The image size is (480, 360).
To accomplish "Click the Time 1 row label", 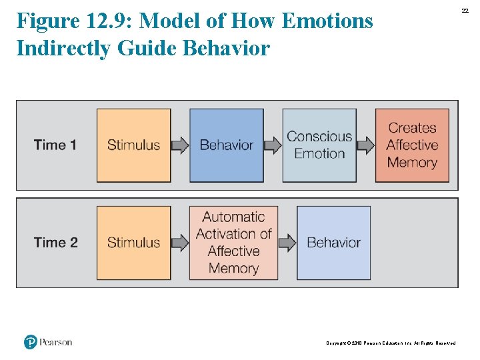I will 55,145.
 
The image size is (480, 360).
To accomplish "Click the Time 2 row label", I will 55,243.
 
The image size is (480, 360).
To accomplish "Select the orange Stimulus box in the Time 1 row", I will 133,145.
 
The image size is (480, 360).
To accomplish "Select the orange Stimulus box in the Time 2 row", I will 133,243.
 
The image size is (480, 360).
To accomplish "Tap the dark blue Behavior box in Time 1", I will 227,145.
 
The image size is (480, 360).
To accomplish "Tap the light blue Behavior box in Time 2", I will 333,243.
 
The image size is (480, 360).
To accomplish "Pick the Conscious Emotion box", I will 319,145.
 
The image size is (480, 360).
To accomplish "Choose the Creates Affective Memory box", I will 412,145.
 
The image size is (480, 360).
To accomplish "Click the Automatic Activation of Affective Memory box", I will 233,243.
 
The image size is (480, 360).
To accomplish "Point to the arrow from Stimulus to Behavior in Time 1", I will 180,145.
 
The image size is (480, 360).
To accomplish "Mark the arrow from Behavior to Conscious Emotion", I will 273,145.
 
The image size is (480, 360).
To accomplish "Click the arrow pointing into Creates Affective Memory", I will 365,145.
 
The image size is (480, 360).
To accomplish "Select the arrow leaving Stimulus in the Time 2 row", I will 180,243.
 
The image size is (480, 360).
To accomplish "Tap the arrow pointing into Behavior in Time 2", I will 287,243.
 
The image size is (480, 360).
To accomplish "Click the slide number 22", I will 465,10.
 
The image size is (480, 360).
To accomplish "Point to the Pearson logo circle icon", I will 31,342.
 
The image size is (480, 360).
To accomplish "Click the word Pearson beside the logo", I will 56,342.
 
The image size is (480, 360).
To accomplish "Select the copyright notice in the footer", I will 391,343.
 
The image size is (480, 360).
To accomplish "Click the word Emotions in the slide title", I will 327,21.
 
